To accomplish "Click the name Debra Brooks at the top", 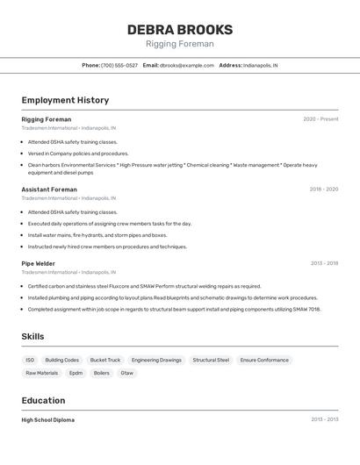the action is coord(180,29).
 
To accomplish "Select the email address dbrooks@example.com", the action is coord(187,66).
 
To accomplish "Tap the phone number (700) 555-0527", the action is coord(119,66).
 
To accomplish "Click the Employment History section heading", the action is coord(65,100).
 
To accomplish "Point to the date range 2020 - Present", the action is coord(320,119).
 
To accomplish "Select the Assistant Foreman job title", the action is coord(49,190).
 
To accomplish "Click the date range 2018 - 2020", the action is coord(323,190).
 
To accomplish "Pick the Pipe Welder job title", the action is coord(39,263).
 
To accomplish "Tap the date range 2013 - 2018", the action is coord(324,263).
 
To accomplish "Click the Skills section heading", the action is coord(33,337).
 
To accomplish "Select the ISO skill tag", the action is coord(30,360).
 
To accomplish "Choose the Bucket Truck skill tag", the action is coord(105,360).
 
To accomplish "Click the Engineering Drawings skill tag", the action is coord(156,360).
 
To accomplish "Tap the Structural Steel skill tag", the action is coord(211,360).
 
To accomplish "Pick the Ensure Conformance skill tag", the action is coord(264,360).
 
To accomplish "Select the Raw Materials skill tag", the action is coord(41,373).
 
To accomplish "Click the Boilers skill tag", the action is coord(102,373).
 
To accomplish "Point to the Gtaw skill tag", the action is coord(127,373).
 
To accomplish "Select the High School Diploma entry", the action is coord(48,420).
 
